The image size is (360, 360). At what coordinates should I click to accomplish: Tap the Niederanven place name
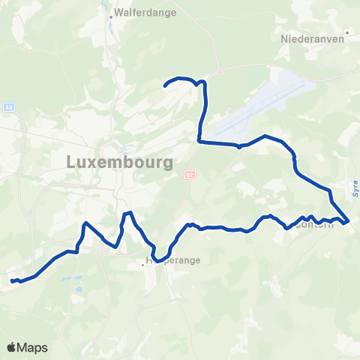pyautogui.click(x=305, y=37)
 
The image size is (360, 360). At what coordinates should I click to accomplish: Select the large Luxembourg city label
pyautogui.click(x=120, y=161)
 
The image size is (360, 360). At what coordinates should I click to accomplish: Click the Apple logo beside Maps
pyautogui.click(x=13, y=347)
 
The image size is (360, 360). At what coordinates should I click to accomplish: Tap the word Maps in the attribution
pyautogui.click(x=34, y=348)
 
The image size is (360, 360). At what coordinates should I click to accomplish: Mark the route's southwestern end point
pyautogui.click(x=12, y=281)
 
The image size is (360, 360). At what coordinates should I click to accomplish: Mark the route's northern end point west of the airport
pyautogui.click(x=165, y=87)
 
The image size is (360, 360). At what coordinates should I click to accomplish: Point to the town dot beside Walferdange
pyautogui.click(x=111, y=14)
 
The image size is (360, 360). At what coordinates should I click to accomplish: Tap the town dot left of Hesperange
pyautogui.click(x=142, y=264)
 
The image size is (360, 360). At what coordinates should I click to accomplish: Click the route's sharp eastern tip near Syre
pyautogui.click(x=349, y=220)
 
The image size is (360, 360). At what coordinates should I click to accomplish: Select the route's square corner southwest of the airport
pyautogui.click(x=199, y=140)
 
